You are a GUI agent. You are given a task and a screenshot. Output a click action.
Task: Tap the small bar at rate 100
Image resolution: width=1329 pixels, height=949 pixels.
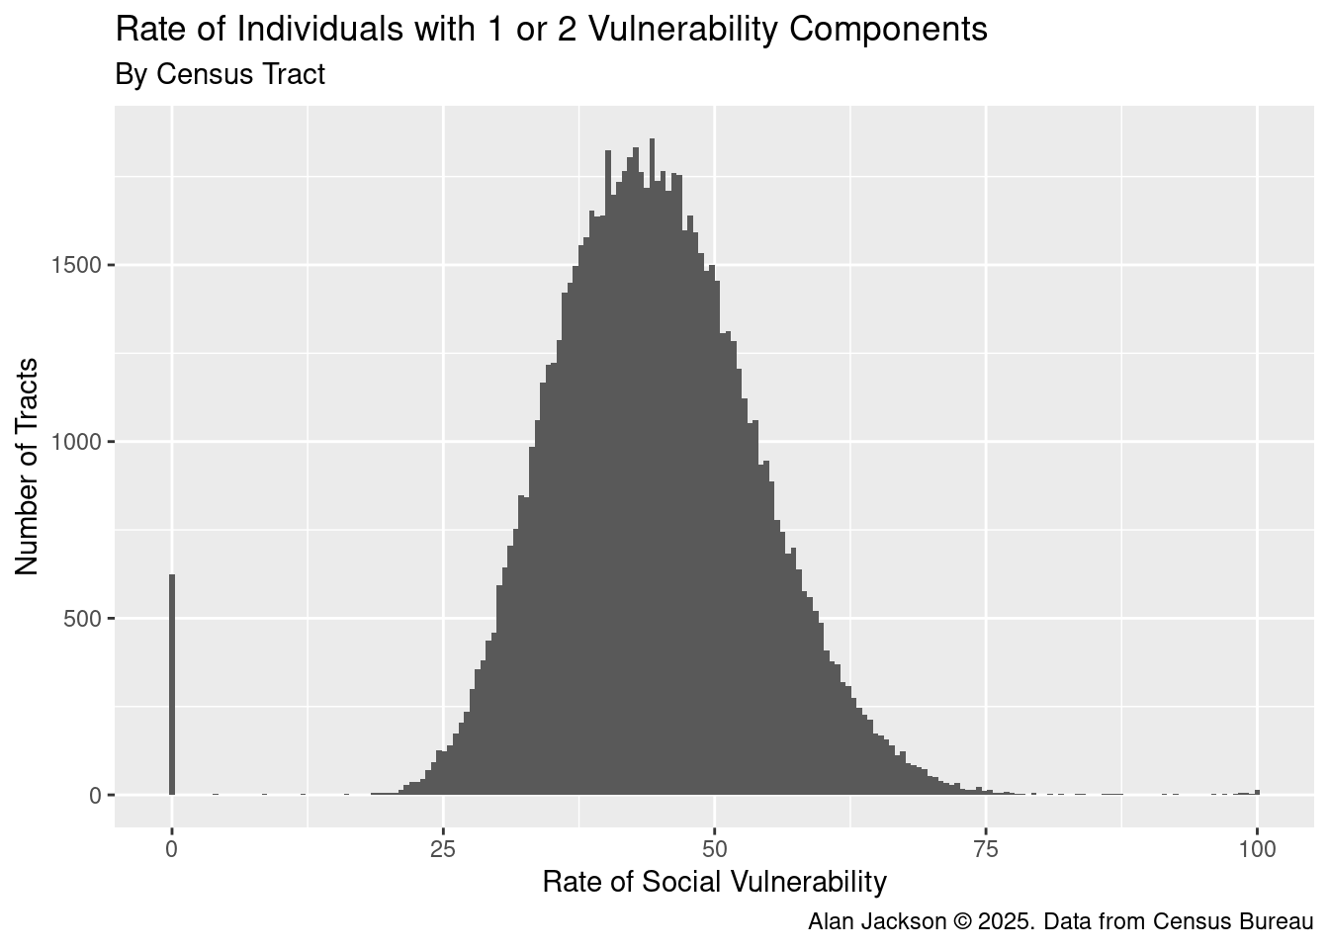[1257, 792]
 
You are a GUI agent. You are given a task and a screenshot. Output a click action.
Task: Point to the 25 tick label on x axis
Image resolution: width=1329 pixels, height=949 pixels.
[443, 849]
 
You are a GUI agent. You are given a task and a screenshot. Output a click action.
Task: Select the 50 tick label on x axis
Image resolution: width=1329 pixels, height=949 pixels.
[715, 849]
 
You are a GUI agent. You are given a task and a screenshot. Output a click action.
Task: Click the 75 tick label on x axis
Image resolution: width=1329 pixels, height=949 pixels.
[986, 849]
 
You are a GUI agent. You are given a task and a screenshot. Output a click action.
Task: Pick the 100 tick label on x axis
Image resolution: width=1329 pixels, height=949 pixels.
[1257, 849]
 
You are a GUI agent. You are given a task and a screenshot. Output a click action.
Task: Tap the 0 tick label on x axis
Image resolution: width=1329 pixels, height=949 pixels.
[172, 849]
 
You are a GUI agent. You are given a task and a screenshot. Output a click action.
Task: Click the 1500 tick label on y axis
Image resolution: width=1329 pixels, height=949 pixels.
[74, 266]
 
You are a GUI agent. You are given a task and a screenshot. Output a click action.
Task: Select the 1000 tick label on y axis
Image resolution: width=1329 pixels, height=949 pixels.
[74, 442]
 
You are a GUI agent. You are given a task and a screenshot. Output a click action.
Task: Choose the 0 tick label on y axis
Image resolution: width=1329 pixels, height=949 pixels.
[95, 796]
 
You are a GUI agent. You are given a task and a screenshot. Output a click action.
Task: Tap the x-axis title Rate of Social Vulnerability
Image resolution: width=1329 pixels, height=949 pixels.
[714, 882]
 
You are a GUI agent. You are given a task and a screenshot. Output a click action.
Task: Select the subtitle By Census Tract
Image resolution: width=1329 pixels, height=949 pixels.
[220, 74]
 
